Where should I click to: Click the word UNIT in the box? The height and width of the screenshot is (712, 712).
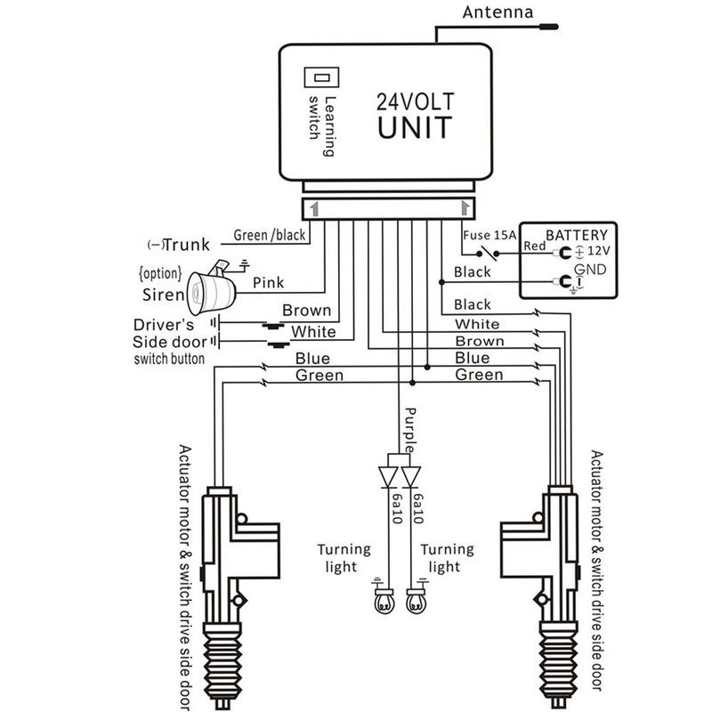[x=413, y=126]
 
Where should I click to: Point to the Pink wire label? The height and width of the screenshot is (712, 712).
[x=268, y=282]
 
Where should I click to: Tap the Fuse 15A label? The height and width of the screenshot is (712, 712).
[x=489, y=235]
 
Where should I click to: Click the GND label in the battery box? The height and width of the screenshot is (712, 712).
[x=591, y=270]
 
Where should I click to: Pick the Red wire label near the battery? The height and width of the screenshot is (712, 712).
[x=535, y=246]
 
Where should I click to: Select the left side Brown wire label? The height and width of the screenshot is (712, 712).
[x=306, y=311]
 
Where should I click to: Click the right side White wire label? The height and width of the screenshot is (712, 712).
[x=477, y=325]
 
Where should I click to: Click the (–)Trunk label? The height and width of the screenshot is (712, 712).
[x=175, y=245]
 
